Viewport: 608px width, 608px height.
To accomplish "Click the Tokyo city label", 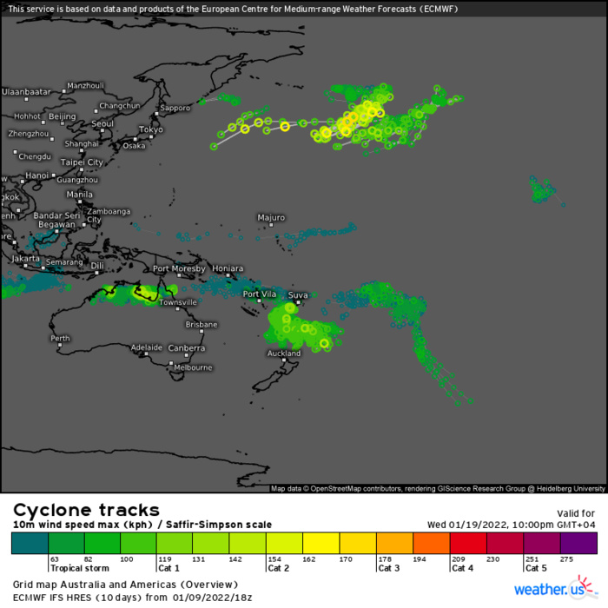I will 150,129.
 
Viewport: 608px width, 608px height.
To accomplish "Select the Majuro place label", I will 271,217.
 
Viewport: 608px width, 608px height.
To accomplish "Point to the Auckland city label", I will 284,354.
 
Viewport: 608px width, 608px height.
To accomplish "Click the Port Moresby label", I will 178,269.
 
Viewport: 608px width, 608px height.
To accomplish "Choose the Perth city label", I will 60,338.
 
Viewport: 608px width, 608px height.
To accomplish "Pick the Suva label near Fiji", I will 298,295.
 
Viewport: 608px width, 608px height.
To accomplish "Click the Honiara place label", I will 228,269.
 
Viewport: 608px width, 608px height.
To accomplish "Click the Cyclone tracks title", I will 85,510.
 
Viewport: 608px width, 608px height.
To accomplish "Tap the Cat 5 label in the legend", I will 536,568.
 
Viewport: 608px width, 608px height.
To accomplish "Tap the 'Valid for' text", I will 574,513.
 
